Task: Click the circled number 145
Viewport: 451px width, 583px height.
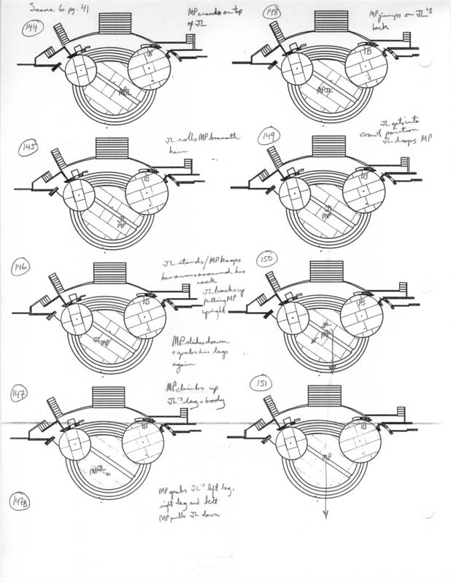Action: coord(30,148)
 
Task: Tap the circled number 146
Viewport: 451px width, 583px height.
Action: coord(20,270)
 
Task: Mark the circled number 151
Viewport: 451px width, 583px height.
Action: coord(260,383)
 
